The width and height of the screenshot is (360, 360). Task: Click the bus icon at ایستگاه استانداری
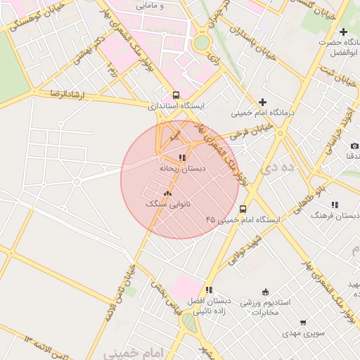(176, 96)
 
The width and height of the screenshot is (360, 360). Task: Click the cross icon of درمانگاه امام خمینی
(263, 102)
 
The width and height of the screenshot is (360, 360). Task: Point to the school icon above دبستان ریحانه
(182, 158)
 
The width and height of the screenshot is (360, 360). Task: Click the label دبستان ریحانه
(182, 169)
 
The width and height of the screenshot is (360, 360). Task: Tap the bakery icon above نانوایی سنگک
(167, 193)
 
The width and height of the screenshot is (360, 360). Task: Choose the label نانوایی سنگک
(167, 203)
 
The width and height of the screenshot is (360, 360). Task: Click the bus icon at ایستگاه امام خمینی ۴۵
(243, 209)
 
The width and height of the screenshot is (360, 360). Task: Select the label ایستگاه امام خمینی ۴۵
(243, 220)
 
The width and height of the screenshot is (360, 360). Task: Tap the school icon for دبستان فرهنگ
(335, 205)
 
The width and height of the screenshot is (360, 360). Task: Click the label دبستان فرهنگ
(335, 215)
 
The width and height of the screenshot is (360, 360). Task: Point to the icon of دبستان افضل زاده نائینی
(209, 290)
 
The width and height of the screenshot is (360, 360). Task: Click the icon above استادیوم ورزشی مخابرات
(265, 292)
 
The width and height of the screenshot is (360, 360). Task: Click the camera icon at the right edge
(354, 146)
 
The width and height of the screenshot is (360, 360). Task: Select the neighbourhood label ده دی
(296, 169)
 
